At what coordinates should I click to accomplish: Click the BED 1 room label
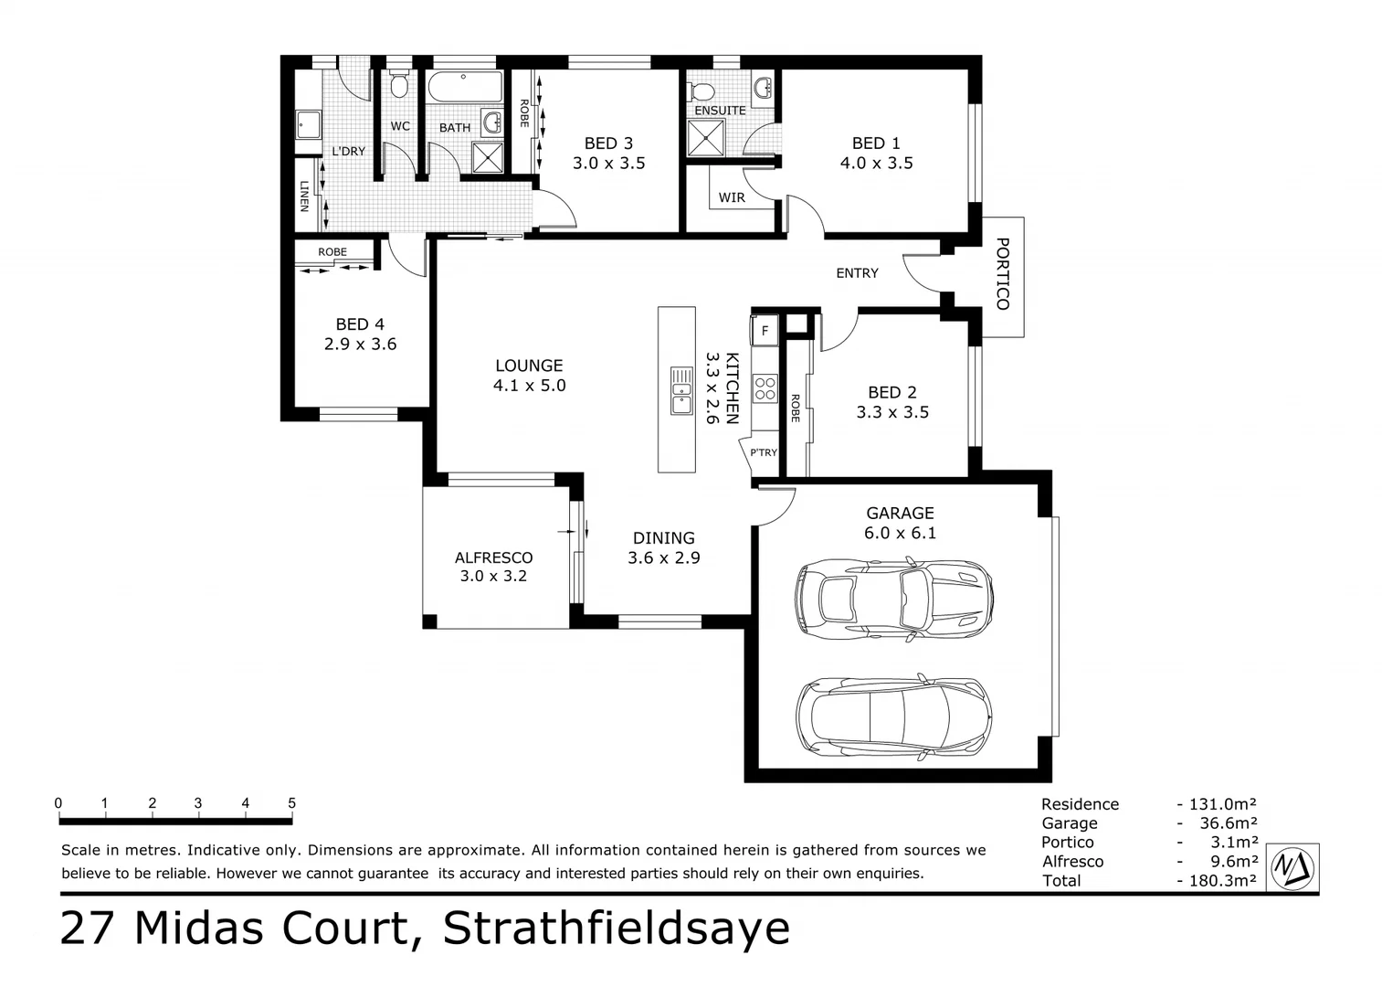point(876,143)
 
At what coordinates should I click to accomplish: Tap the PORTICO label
point(1002,273)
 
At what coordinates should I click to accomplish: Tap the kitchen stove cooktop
point(765,389)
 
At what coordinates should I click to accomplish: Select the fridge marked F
point(765,330)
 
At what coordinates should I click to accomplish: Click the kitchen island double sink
point(681,390)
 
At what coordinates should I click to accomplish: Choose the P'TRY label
point(764,452)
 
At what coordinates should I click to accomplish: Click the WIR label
point(731,197)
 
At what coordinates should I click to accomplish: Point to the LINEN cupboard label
point(304,196)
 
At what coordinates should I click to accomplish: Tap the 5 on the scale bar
point(292,804)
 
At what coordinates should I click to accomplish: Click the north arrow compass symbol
point(1294,865)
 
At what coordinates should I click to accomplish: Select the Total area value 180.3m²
point(1222,881)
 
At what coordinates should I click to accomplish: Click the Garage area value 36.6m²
point(1229,823)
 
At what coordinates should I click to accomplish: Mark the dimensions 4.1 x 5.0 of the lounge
point(529,386)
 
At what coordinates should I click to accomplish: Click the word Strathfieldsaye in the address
point(617,929)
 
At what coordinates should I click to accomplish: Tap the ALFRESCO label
point(493,557)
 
